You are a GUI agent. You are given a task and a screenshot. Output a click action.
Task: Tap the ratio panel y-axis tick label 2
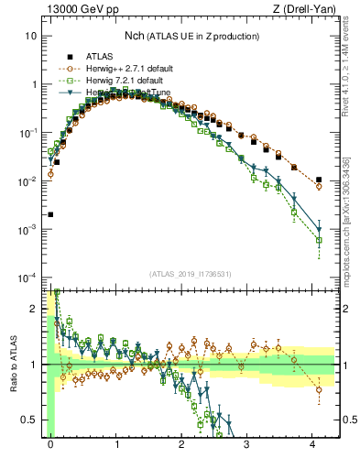click(x=35, y=308)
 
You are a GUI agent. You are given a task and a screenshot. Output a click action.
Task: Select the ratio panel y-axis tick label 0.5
click(x=31, y=420)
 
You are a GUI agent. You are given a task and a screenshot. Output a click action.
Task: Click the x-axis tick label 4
click(x=313, y=442)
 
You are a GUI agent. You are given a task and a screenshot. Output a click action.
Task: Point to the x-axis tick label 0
click(x=50, y=442)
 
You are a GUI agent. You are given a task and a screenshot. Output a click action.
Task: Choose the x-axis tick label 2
click(x=182, y=442)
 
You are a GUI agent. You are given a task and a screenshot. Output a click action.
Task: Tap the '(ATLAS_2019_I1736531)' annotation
click(x=190, y=273)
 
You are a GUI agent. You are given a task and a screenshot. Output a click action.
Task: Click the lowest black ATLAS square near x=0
click(x=50, y=214)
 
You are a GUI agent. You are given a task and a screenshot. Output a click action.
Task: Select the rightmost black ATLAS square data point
click(x=318, y=180)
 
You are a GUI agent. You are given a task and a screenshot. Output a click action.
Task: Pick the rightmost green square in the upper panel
click(x=319, y=241)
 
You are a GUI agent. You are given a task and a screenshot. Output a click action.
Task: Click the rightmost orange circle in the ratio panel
click(x=319, y=389)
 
